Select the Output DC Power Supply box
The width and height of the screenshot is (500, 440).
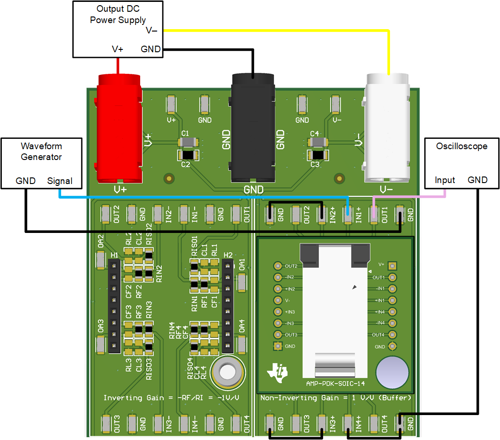coord(118,29)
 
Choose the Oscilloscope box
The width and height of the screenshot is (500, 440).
coord(461,163)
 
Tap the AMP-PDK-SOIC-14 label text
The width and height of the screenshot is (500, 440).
coord(335,384)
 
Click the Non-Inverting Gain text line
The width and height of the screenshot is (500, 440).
coord(336,398)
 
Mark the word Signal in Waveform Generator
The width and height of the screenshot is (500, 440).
coord(60,181)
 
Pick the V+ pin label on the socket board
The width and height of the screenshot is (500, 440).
coord(381,264)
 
